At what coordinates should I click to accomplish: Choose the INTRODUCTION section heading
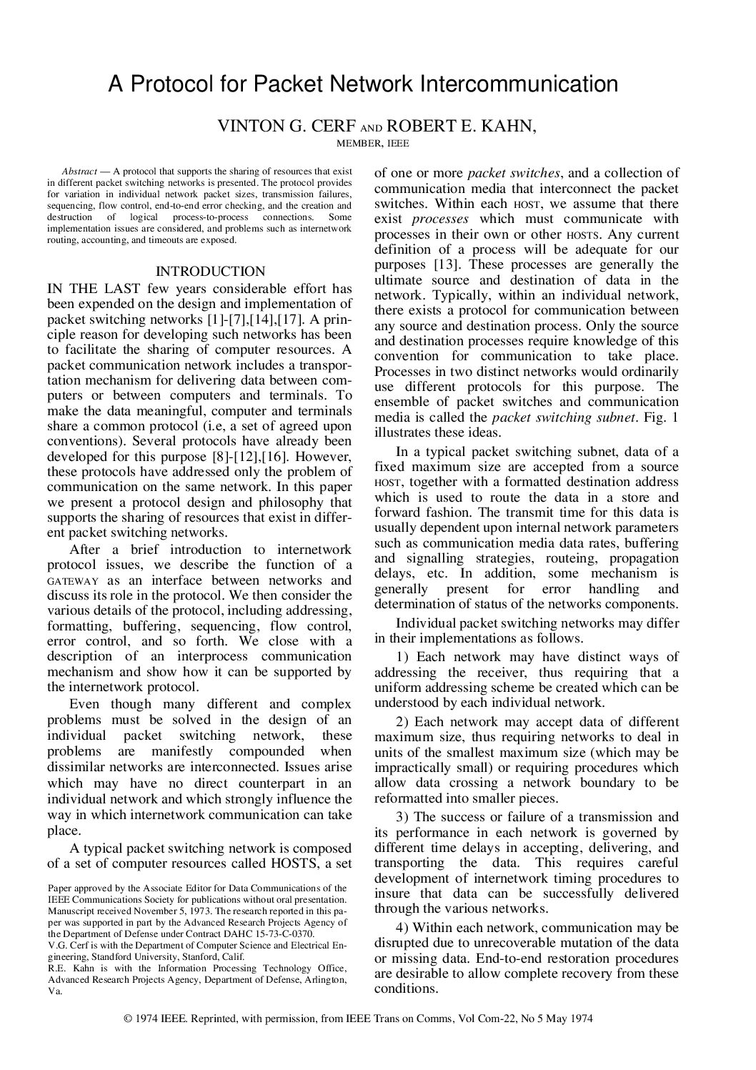(x=210, y=272)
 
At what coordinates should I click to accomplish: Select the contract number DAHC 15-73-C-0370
(x=264, y=933)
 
